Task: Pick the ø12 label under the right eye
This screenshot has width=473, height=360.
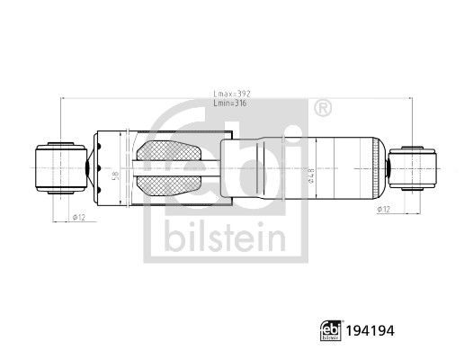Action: point(382,209)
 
